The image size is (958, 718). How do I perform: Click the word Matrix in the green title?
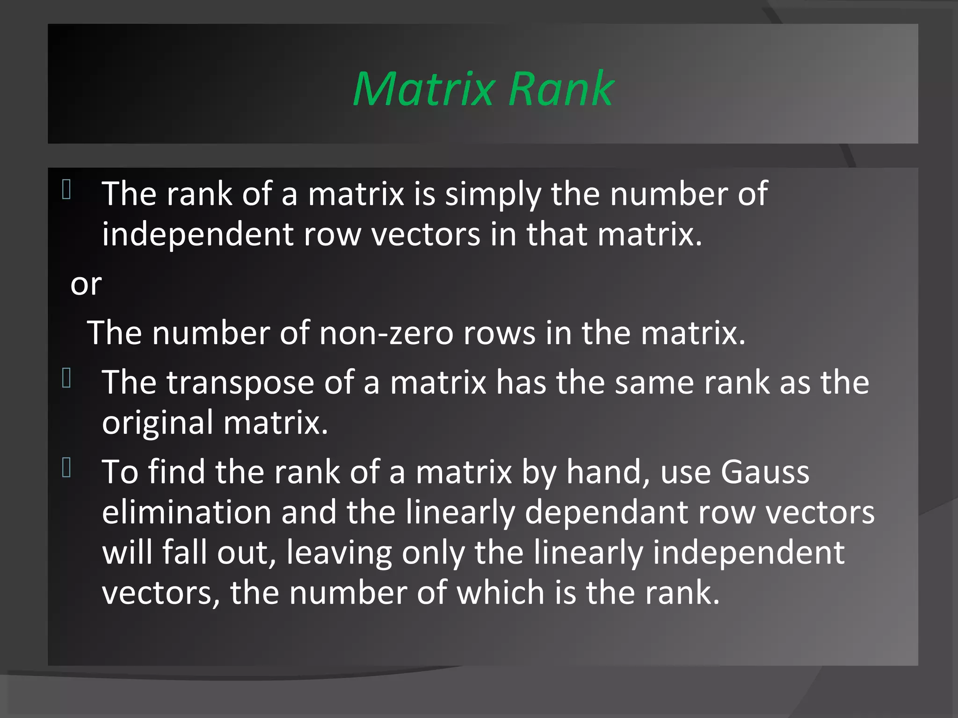pos(423,89)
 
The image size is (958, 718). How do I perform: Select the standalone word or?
pos(86,284)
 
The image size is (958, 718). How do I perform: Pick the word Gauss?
pos(765,472)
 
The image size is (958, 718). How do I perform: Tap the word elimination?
pos(186,512)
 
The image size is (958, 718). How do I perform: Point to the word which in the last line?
pos(500,593)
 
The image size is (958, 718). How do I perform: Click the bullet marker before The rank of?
pos(66,190)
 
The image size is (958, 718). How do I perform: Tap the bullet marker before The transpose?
pos(66,378)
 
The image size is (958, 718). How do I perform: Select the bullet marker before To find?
pos(66,468)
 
